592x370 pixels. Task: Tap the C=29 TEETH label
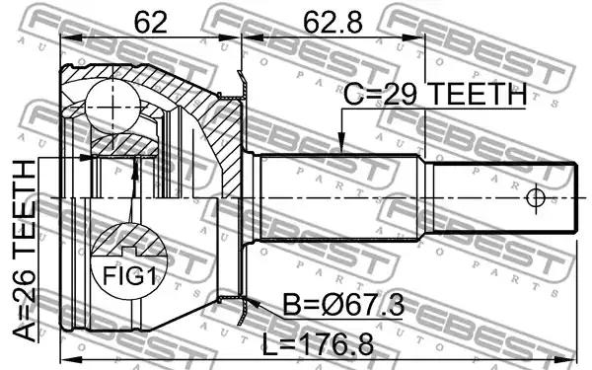tap(435, 94)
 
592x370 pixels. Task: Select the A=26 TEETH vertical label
tap(25, 251)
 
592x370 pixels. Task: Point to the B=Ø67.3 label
tap(343, 306)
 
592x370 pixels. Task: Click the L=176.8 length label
tap(318, 344)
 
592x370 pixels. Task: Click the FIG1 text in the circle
tap(129, 275)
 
